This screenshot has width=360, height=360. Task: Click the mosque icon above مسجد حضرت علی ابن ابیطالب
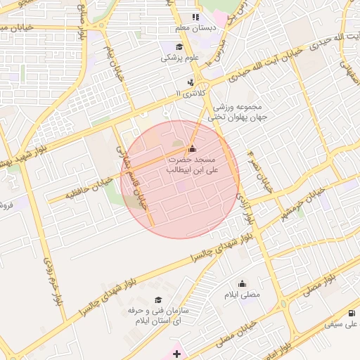point(193,149)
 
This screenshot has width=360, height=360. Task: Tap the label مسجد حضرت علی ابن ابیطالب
point(191,165)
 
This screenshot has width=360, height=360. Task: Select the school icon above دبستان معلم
point(195,17)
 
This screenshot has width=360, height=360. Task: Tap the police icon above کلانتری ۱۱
point(181,82)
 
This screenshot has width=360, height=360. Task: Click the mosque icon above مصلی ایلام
point(243,284)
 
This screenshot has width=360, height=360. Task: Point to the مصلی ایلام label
point(242,295)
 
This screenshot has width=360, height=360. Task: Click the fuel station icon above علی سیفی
point(351,314)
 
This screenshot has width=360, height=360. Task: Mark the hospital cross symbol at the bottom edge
point(176,353)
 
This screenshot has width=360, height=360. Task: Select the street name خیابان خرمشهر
point(302,203)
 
